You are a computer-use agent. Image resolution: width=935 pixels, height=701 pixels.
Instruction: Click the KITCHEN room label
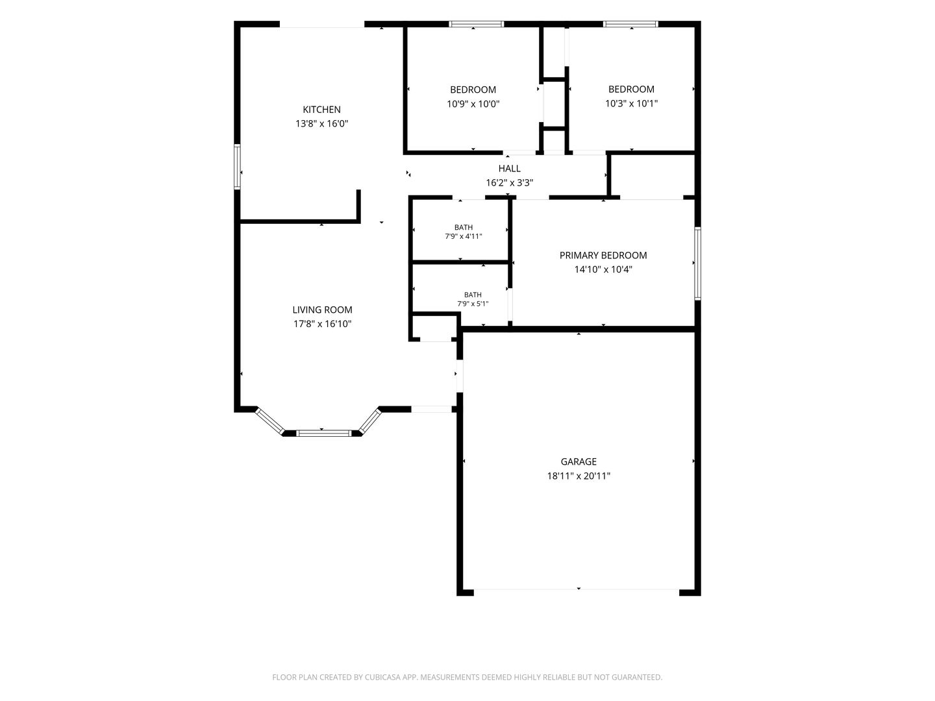pyautogui.click(x=321, y=110)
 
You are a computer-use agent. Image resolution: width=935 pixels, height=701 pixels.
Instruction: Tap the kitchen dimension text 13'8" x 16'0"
pyautogui.click(x=321, y=124)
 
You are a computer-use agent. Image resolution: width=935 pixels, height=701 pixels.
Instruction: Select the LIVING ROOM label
pyautogui.click(x=322, y=310)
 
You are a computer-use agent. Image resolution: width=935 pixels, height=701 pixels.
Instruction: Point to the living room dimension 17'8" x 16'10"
pyautogui.click(x=322, y=324)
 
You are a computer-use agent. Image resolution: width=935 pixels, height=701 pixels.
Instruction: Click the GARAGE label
pyautogui.click(x=579, y=461)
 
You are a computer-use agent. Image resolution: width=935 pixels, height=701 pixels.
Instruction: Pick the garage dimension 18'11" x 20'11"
pyautogui.click(x=579, y=476)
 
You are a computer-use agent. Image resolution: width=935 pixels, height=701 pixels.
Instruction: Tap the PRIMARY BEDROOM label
pyautogui.click(x=603, y=255)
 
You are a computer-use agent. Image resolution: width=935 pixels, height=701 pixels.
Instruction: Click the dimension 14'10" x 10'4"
pyautogui.click(x=603, y=269)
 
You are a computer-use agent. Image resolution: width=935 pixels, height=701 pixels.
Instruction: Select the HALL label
pyautogui.click(x=510, y=169)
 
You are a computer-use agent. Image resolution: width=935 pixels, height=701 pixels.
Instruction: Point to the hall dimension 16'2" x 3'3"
pyautogui.click(x=510, y=183)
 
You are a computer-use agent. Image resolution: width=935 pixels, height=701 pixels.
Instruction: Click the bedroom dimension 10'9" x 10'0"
pyautogui.click(x=473, y=104)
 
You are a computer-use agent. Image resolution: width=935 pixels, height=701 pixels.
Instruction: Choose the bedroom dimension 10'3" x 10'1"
pyautogui.click(x=631, y=103)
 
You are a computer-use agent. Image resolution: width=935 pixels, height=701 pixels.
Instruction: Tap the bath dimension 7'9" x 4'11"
pyautogui.click(x=464, y=236)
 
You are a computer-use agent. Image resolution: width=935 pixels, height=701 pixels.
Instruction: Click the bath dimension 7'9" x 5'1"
pyautogui.click(x=473, y=304)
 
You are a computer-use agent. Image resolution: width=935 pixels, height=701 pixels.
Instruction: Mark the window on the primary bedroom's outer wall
pyautogui.click(x=698, y=264)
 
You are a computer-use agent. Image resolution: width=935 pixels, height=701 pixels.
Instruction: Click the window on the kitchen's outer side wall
pyautogui.click(x=237, y=166)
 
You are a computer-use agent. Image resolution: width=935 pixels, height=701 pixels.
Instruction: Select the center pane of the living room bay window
pyautogui.click(x=324, y=434)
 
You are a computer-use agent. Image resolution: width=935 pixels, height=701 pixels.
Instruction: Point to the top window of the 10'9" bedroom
pyautogui.click(x=476, y=24)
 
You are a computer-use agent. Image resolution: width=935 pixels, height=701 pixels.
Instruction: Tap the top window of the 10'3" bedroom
pyautogui.click(x=631, y=24)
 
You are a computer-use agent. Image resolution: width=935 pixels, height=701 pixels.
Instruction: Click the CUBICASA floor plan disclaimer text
pyautogui.click(x=467, y=677)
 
